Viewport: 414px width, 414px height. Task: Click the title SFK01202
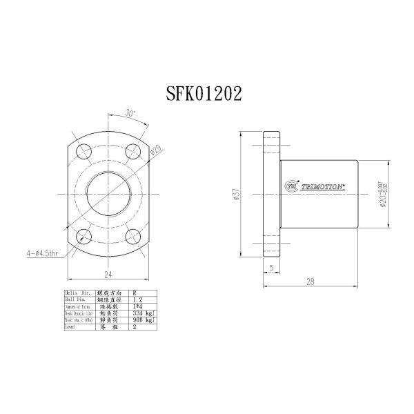click(204, 95)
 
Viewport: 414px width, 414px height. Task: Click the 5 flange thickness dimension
click(272, 267)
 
